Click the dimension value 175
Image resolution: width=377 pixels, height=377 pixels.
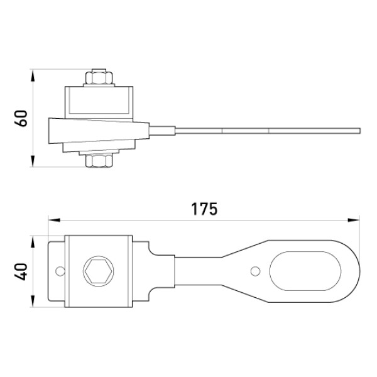point(204,209)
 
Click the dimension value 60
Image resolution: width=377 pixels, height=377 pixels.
point(21,118)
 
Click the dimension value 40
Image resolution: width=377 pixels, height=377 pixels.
point(21,271)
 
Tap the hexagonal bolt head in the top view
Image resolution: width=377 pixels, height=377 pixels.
point(99,271)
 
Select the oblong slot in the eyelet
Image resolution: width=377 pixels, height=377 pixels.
point(305,271)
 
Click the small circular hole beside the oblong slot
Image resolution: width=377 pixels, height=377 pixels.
point(255,271)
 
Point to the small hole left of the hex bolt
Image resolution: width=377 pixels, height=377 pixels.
point(60,271)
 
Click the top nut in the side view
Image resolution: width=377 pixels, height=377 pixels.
point(99,77)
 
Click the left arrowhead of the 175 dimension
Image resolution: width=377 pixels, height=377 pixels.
point(54,220)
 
